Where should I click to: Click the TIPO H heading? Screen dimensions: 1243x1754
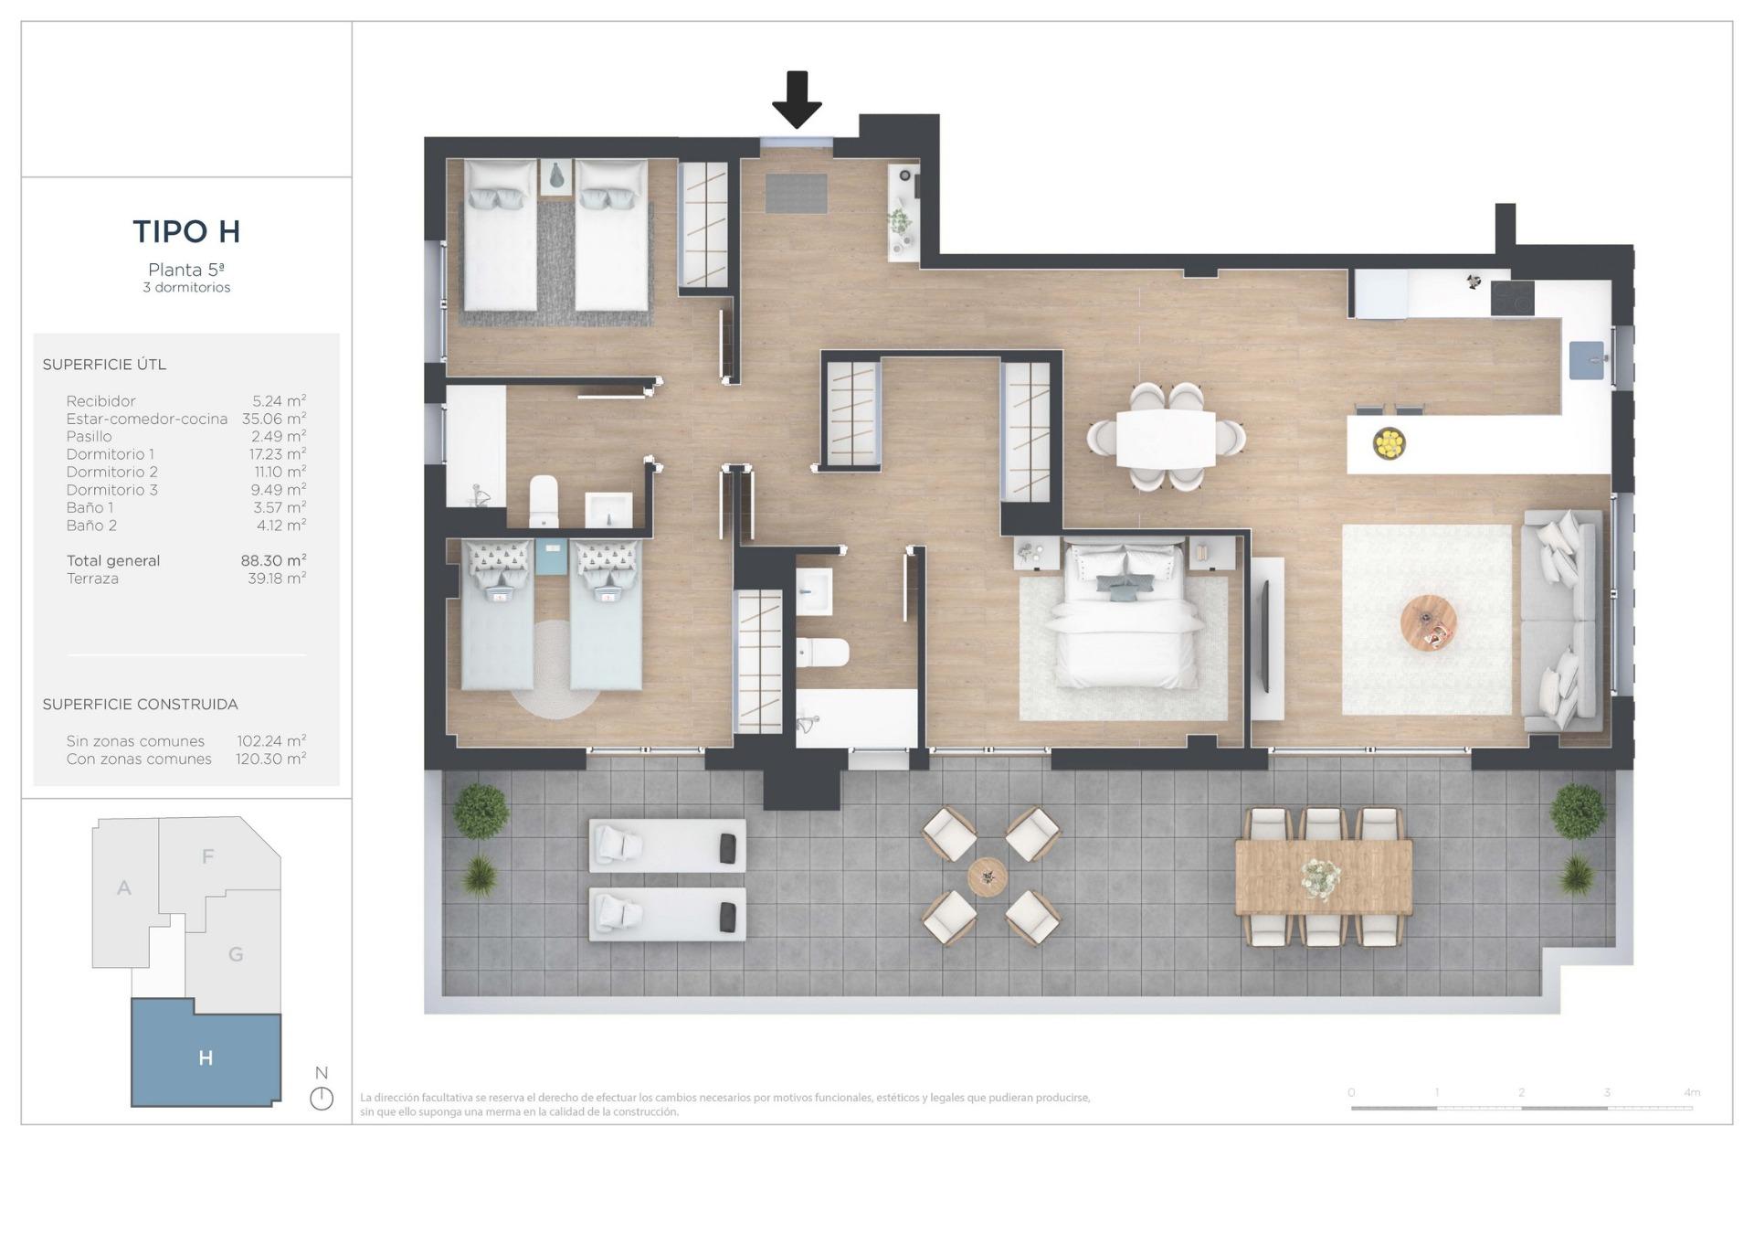[x=186, y=232]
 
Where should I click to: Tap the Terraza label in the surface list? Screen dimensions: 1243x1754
[x=92, y=579]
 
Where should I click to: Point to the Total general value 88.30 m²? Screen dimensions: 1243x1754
[x=273, y=561]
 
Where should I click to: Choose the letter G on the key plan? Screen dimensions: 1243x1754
[x=236, y=955]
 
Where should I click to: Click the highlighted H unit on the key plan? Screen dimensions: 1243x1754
[x=206, y=1057]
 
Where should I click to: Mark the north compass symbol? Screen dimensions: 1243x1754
[x=322, y=1098]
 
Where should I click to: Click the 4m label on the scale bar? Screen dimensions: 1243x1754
[x=1692, y=1092]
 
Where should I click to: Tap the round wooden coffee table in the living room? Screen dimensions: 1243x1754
[x=1428, y=622]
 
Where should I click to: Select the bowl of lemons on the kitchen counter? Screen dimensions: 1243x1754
[x=1389, y=444]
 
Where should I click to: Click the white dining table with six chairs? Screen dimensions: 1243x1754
[x=1166, y=438]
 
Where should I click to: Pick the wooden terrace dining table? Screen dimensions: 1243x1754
[x=1323, y=877]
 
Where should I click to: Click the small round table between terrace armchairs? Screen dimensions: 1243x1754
[x=988, y=876]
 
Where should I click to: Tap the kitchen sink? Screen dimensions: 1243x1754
[x=1587, y=360]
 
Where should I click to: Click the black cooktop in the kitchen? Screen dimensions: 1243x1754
[x=1512, y=299]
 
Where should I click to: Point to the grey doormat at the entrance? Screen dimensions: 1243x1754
[x=796, y=193]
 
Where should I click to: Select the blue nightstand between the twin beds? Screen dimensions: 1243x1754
[x=552, y=558]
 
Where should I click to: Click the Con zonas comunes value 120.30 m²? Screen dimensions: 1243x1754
[x=270, y=760]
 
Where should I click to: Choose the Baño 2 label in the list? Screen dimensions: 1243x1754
[x=91, y=526]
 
